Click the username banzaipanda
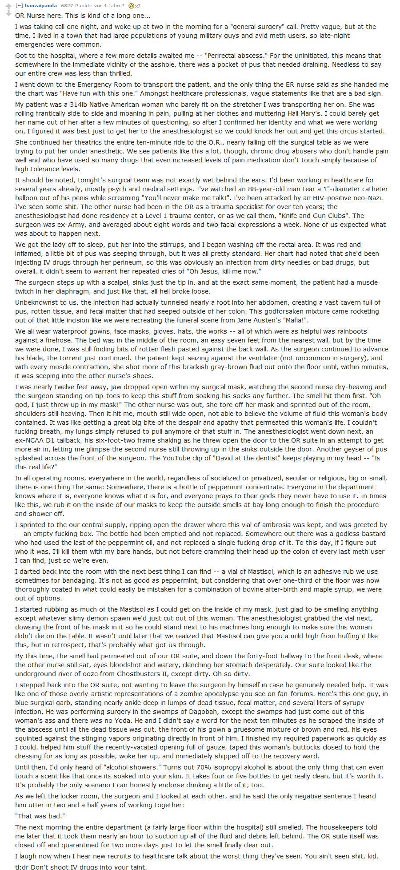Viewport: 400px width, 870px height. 40,6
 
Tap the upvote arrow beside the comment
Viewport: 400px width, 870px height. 8,6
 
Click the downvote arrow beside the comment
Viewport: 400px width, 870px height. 8,14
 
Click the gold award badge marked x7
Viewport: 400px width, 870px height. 134,6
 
